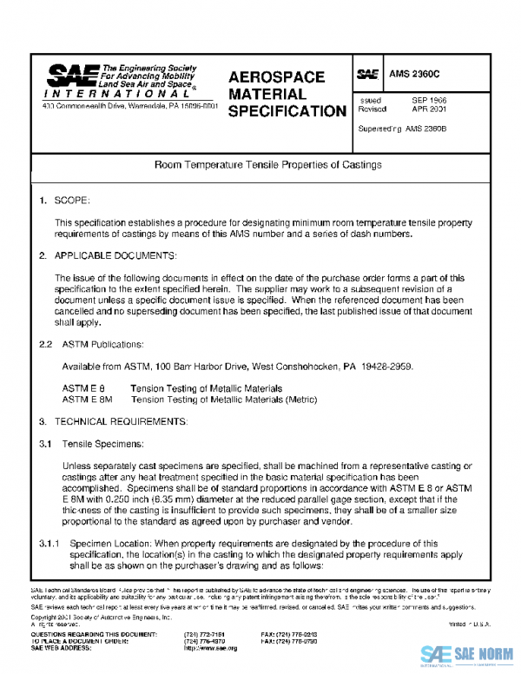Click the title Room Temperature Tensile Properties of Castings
click(267, 163)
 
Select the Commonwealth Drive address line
click(129, 106)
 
